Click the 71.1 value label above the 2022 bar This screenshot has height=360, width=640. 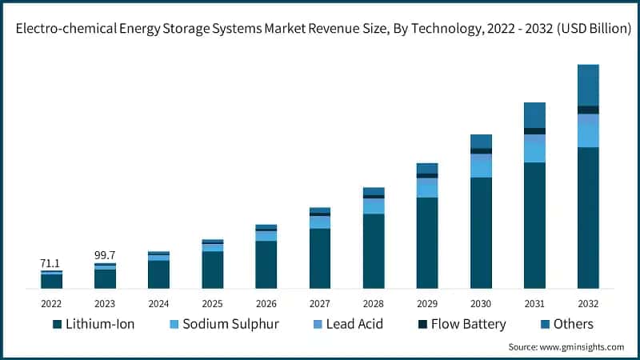pos(51,263)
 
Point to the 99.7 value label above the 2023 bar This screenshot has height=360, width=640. pos(105,255)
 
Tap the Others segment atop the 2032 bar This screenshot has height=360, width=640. pos(588,85)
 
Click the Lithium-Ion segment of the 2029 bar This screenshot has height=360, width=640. pos(427,242)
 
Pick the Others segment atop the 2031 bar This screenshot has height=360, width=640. pos(534,115)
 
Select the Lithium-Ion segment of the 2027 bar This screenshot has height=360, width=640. pos(320,258)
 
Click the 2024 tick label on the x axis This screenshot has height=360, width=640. pos(158,304)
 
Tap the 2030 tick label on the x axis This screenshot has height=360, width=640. pos(481,304)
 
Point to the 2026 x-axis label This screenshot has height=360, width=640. pos(266,304)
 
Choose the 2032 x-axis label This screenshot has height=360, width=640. pos(588,304)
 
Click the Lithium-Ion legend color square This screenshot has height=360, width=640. pos(57,325)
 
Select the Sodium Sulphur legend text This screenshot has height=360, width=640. pos(230,324)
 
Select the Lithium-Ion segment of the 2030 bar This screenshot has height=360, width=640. pos(481,232)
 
